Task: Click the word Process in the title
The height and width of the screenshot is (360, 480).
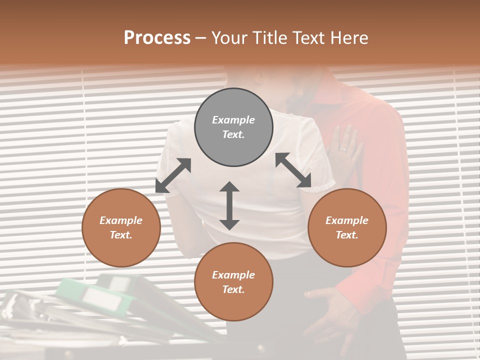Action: click(x=157, y=38)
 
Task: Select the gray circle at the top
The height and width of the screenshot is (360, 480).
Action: click(x=233, y=127)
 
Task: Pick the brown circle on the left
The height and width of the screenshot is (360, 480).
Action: click(x=121, y=227)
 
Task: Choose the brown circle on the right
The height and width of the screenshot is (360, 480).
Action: click(x=347, y=227)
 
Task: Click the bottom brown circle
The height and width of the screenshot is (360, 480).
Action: click(x=233, y=282)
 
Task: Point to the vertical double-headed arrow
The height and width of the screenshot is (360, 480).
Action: click(x=229, y=205)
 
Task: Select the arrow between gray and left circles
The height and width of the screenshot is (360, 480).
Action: click(x=173, y=175)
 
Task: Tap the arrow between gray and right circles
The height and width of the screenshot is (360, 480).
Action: click(x=293, y=170)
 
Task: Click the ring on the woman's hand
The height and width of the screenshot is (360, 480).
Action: click(x=343, y=148)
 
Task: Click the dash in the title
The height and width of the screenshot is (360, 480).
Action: click(x=201, y=38)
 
